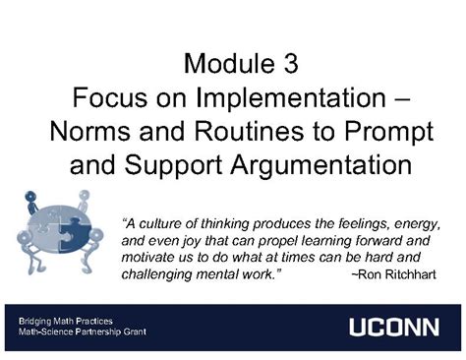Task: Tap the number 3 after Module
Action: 287,66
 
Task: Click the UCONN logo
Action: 393,327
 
